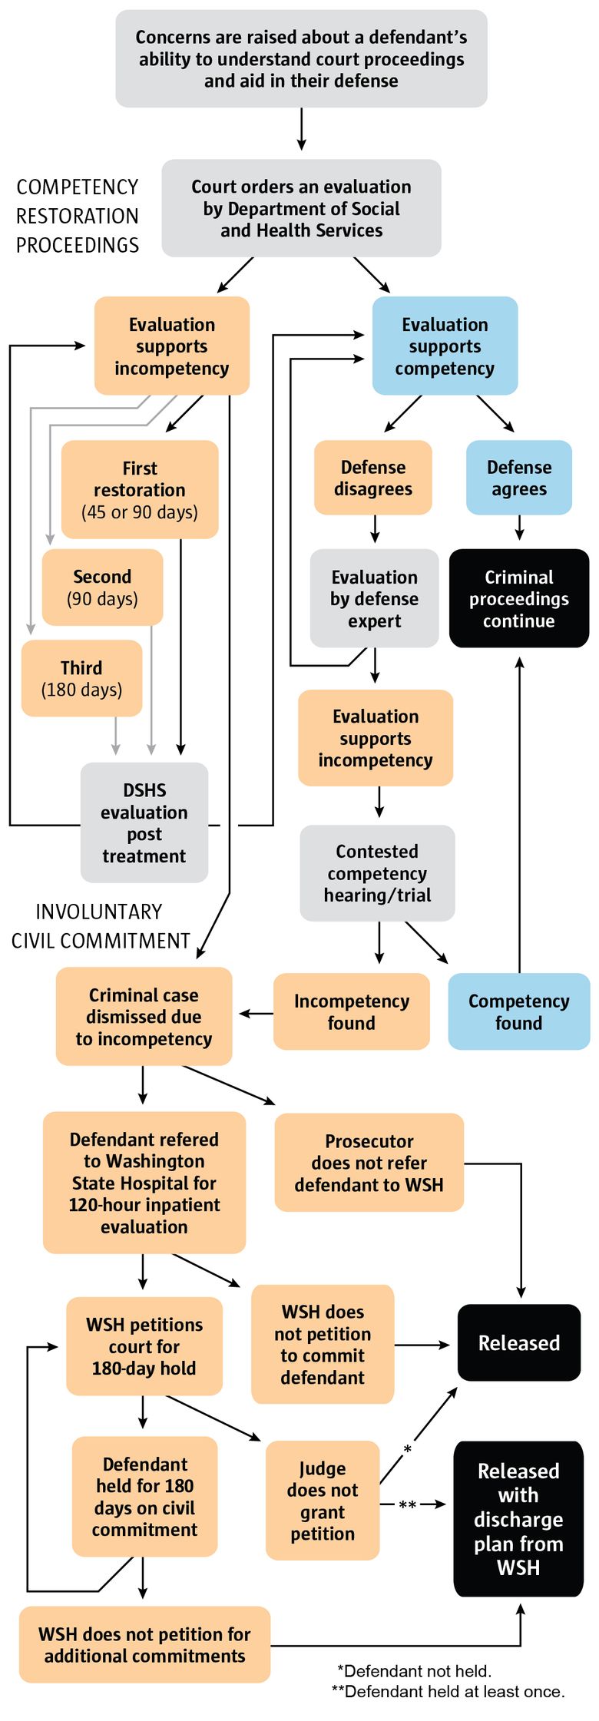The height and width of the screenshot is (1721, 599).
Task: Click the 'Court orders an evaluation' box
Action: pos(301,208)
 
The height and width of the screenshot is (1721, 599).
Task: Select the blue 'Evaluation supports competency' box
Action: pos(445,346)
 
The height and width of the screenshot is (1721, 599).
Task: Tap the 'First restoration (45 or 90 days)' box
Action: pos(140,489)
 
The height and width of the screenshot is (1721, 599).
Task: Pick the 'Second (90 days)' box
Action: pos(102,587)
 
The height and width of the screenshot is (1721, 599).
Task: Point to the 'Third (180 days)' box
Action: pos(81,678)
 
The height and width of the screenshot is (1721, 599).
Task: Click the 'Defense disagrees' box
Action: pos(372,478)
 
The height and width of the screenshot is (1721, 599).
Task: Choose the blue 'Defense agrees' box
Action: pos(519,478)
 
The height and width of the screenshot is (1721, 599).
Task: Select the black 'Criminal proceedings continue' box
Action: pos(519,598)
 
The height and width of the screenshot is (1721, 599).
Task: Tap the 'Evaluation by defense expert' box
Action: pos(374,598)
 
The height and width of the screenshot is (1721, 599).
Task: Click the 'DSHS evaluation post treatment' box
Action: pos(144,822)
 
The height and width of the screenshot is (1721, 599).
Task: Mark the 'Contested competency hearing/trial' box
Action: pos(377,873)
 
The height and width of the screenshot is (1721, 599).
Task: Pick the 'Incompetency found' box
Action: pos(351,1011)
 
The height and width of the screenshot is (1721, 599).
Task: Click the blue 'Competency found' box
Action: pos(519,1011)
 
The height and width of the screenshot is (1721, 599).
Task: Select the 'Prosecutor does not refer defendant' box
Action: pos(369,1163)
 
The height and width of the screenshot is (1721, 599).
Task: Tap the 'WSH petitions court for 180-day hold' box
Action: pos(144,1346)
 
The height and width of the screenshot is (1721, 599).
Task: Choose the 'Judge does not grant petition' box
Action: pos(323,1501)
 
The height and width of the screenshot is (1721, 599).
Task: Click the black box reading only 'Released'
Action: pos(519,1342)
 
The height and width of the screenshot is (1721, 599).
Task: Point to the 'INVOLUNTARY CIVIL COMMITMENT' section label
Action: pos(100,926)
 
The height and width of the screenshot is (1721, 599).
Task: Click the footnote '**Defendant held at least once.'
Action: pos(448,1691)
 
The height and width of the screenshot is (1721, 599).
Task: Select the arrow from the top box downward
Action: pos(301,129)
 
